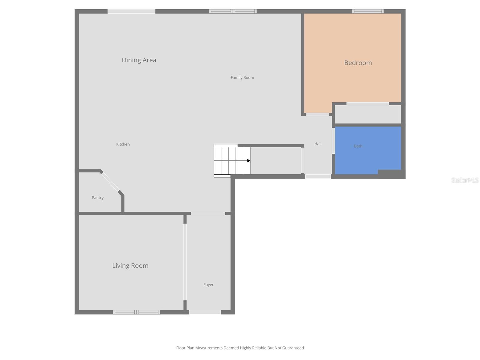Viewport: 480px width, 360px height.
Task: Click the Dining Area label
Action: [x=139, y=60]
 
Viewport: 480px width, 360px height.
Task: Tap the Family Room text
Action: [x=242, y=77]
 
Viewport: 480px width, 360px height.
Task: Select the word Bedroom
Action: [x=358, y=63]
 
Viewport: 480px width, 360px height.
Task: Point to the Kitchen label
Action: [x=123, y=144]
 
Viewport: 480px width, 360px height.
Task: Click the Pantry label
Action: [x=97, y=198]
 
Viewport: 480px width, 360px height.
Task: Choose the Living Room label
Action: [x=130, y=265]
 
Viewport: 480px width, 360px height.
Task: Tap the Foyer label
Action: [x=208, y=285]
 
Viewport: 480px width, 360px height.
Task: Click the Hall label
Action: [x=318, y=144]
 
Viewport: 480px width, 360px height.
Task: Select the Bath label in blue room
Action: [x=358, y=146]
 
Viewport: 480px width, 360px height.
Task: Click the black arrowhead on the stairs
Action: [x=248, y=161]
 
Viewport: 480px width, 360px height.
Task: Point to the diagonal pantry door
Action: [x=110, y=182]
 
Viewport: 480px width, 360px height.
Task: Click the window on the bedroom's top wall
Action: [x=368, y=11]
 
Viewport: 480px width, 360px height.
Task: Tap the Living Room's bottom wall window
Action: [x=136, y=312]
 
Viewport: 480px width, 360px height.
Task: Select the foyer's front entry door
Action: [x=205, y=312]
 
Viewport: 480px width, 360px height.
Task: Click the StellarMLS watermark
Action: [x=465, y=180]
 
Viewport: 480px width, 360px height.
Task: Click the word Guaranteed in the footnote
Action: [x=293, y=348]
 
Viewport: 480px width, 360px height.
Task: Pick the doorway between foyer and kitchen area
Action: [x=208, y=214]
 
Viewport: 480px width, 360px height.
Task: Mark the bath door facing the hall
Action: [x=333, y=141]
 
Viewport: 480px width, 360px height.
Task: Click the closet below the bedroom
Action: [x=368, y=114]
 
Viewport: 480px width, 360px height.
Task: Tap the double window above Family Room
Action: [x=233, y=11]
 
